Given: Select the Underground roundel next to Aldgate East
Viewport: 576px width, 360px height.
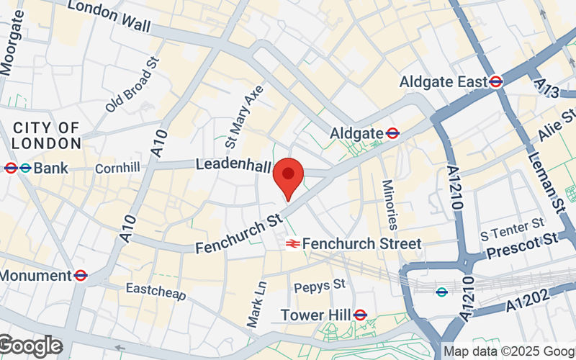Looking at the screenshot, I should point(495,82).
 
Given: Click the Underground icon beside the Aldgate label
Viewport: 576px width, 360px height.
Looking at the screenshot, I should point(392,133).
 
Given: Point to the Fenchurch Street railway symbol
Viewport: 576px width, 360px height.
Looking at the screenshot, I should point(292,244).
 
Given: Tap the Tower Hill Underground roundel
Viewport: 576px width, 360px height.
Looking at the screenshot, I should point(361,315).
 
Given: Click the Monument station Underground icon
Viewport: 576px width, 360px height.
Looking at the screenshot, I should point(81,275).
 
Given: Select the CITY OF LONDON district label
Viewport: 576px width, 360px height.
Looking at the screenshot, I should point(46,135).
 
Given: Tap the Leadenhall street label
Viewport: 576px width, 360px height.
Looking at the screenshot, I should point(233,165).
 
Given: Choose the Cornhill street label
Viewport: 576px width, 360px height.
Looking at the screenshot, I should point(117,168).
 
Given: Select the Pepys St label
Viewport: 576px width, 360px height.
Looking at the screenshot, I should point(320,286).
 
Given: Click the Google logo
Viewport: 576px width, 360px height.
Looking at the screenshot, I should point(30,346).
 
